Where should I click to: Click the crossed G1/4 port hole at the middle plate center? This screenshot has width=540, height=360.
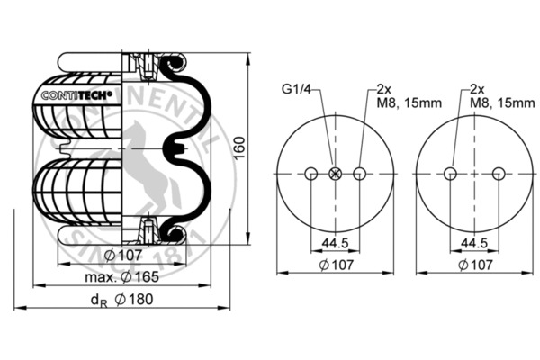335,174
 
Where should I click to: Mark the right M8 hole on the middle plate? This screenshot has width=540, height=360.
359,174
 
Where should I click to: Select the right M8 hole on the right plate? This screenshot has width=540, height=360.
498,174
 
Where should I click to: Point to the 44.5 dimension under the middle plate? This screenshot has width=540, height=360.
335,243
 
